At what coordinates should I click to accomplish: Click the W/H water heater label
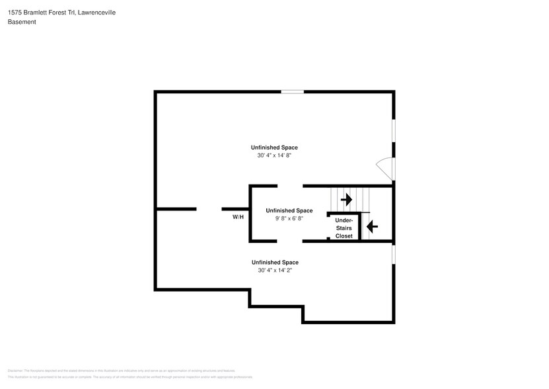[238, 217]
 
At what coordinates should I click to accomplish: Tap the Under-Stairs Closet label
[344, 228]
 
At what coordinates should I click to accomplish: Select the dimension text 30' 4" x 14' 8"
[274, 155]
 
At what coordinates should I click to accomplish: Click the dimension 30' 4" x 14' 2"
[274, 271]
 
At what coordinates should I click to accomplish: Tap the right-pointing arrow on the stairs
[346, 199]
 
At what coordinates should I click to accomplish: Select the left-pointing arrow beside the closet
[371, 227]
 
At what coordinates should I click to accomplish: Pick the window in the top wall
[293, 91]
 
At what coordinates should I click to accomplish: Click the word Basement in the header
[22, 22]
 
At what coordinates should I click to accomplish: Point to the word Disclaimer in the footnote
[15, 370]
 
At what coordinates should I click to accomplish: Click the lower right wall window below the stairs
[394, 253]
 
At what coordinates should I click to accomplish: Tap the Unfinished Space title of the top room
[274, 147]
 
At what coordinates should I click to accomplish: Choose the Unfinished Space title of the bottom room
[274, 262]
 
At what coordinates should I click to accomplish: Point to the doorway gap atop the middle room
[289, 186]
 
